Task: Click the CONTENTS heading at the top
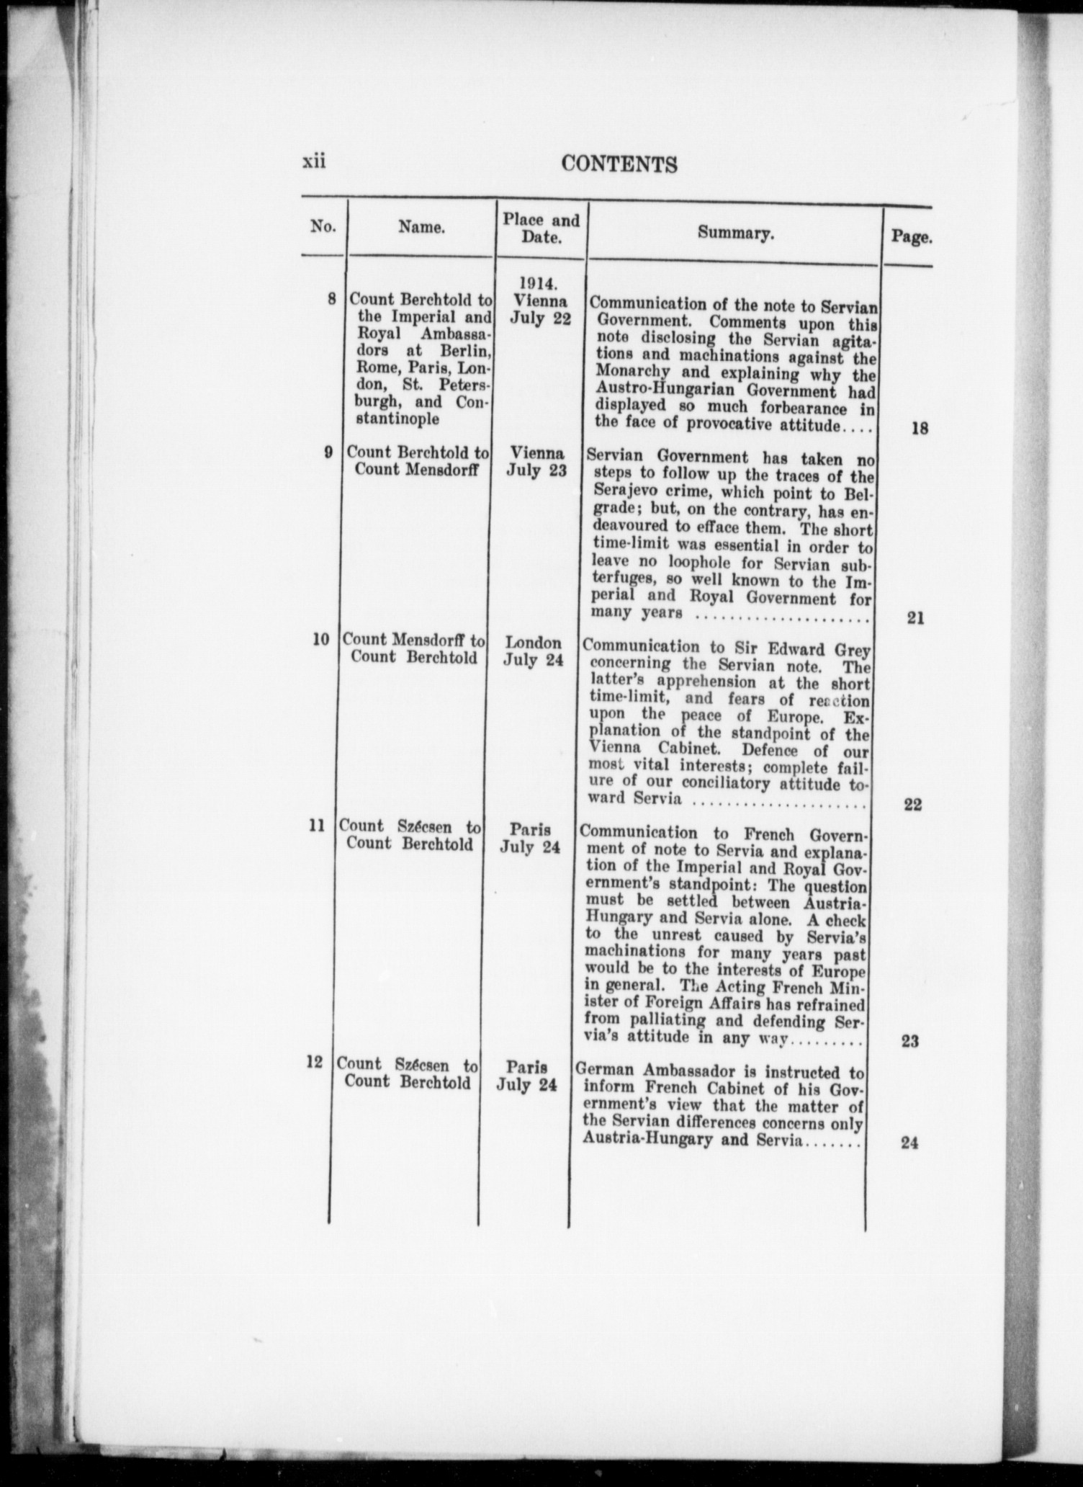coord(619,165)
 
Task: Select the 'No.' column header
coord(323,227)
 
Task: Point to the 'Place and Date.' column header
coord(541,228)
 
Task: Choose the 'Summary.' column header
coord(735,233)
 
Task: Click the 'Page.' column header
coord(912,237)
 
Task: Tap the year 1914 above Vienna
coord(540,284)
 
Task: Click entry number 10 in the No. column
coord(321,639)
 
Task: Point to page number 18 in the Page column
coord(919,428)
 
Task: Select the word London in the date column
coord(534,643)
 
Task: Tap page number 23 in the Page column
coord(910,1041)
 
